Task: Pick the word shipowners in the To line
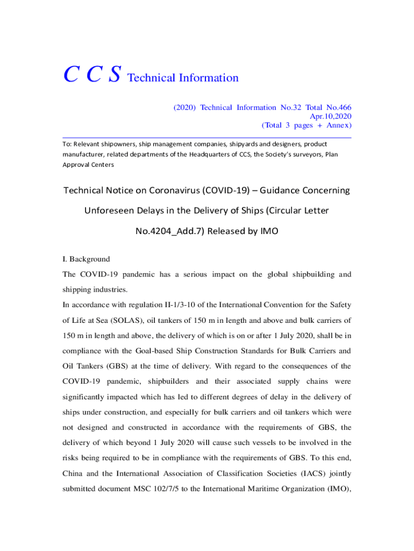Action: click(x=117, y=144)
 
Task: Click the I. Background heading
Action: click(x=86, y=259)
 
